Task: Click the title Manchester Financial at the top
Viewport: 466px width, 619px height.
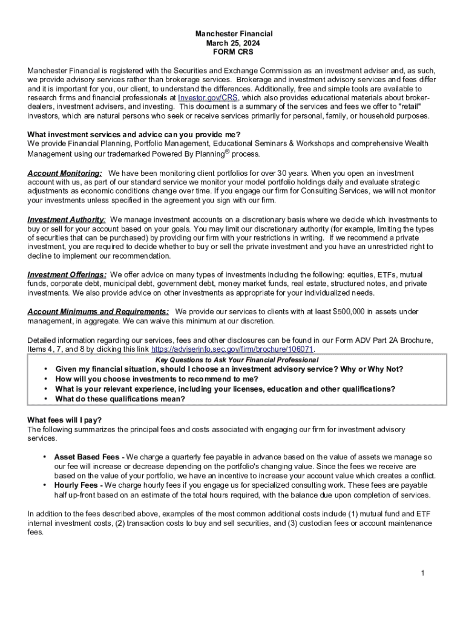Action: [233, 34]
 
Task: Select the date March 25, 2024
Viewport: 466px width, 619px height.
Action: [233, 44]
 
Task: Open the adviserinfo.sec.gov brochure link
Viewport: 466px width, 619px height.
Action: [232, 349]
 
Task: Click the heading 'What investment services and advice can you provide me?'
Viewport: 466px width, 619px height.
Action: [134, 134]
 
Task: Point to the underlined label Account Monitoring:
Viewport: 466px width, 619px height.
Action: [65, 173]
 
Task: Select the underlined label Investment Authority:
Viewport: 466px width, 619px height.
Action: [67, 219]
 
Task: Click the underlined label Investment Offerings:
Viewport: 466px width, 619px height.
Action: [67, 274]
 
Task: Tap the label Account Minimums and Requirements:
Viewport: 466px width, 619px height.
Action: [98, 311]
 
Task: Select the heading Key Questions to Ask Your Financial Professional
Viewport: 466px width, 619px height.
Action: [237, 360]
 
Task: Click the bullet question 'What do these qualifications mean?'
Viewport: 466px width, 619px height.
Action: [120, 399]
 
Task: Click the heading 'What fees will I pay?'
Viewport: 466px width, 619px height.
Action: [65, 420]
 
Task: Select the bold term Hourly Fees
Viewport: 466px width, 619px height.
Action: [77, 485]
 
